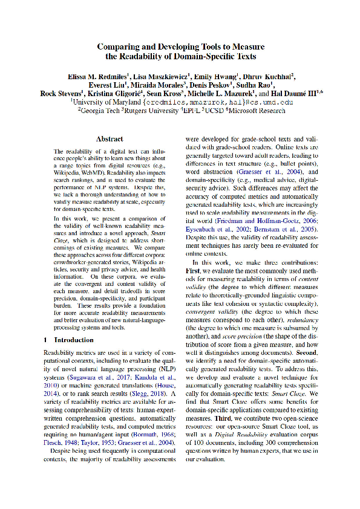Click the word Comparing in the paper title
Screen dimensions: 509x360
(120, 47)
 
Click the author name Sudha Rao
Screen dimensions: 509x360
(256, 85)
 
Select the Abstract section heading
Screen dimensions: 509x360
(110, 139)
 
